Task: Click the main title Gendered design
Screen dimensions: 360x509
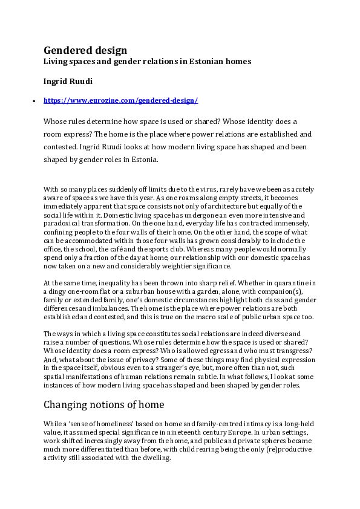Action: tap(85, 50)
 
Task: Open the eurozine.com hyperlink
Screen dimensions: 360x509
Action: tap(121, 100)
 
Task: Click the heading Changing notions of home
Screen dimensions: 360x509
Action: tap(103, 404)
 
